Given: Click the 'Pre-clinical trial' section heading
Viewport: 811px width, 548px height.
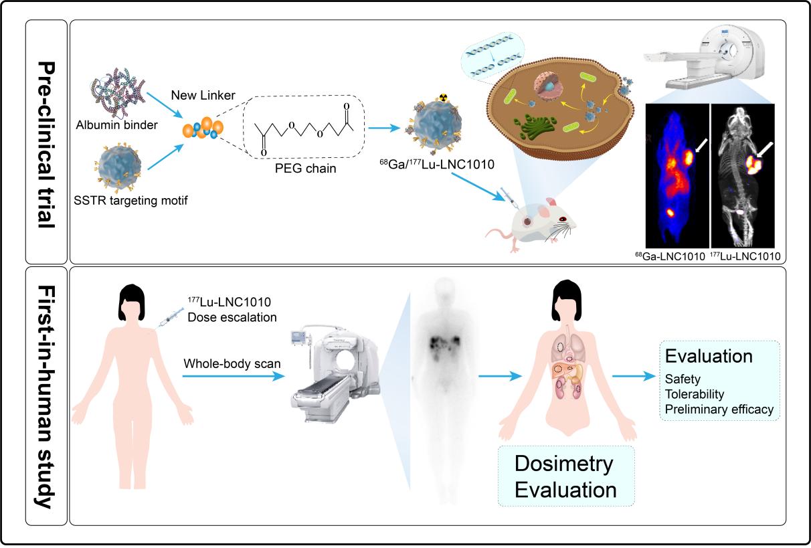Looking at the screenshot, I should pyautogui.click(x=47, y=141).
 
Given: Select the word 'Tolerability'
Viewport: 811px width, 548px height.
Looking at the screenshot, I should pyautogui.click(x=695, y=393).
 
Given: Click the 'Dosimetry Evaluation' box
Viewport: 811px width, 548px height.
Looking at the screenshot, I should pyautogui.click(x=566, y=476).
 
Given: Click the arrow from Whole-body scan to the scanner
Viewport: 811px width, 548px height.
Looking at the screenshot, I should pyautogui.click(x=231, y=377).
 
